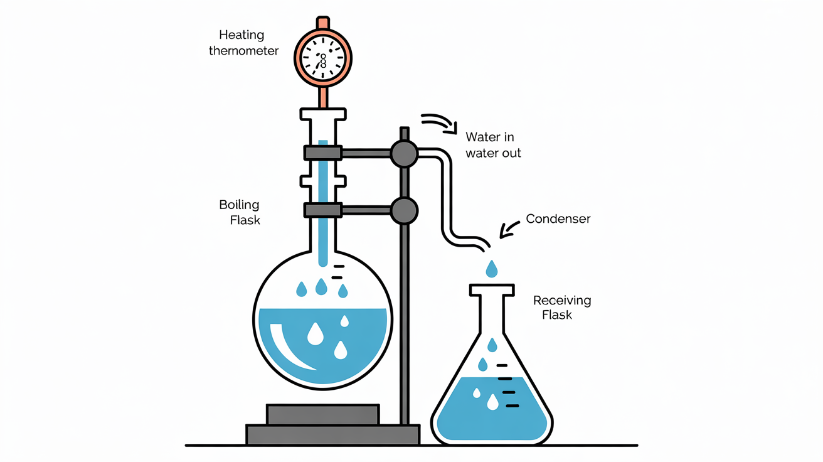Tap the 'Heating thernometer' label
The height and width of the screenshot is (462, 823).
point(243,43)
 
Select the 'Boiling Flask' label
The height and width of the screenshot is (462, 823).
point(240,212)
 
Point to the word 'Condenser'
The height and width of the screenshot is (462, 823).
point(558,219)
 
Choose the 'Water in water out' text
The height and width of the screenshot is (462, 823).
point(493,144)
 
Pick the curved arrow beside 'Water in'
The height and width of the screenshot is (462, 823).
point(439,122)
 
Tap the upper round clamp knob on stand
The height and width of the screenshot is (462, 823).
point(403,153)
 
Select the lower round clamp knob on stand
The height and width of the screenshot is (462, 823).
point(403,210)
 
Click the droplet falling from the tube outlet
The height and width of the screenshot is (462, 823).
point(492,269)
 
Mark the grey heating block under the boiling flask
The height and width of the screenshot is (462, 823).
point(322,414)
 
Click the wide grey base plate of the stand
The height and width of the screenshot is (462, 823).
point(332,434)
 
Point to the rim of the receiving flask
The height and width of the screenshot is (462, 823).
point(492,290)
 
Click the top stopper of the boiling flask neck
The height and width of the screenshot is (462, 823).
point(323,114)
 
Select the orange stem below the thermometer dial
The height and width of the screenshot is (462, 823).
point(323,97)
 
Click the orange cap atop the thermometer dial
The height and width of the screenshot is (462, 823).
point(323,23)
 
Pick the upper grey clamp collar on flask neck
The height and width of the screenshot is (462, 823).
point(322,153)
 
